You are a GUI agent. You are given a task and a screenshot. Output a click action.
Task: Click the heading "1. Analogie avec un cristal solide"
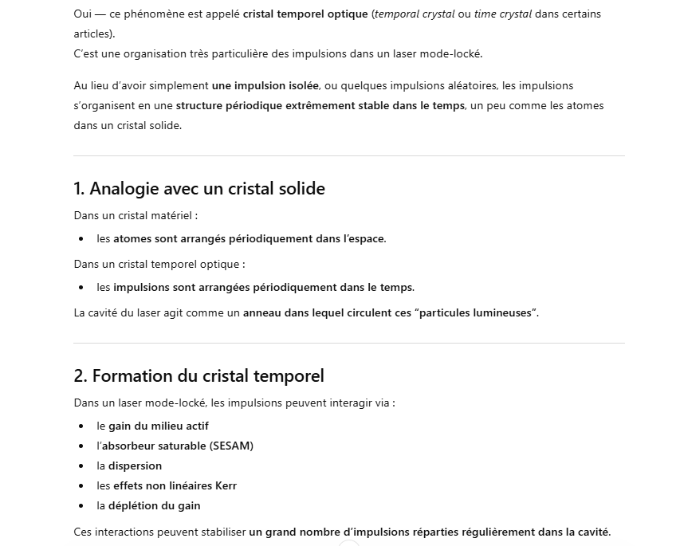coord(199,189)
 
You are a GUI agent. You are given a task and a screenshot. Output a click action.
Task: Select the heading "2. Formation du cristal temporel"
coord(198,376)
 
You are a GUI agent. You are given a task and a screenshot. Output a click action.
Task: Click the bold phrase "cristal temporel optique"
coord(305,14)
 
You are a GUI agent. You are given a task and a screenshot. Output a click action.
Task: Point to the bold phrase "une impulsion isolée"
coord(265,86)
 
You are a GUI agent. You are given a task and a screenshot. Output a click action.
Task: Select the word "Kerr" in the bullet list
coord(226,486)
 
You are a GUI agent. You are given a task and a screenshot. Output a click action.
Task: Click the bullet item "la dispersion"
coord(129,466)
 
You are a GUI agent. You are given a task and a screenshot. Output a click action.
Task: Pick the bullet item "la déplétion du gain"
coord(148,506)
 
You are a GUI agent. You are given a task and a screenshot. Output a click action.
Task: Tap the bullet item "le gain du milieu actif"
coord(152,426)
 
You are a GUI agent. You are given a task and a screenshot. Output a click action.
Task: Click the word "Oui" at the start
coord(82,14)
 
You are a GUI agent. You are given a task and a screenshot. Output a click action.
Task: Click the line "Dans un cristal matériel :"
coord(136,215)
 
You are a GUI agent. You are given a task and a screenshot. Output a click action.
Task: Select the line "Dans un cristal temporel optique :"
coord(159,265)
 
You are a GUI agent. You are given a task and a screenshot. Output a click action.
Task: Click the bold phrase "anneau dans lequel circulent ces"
coord(327,313)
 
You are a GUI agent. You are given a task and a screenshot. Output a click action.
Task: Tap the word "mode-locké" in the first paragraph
coord(456,54)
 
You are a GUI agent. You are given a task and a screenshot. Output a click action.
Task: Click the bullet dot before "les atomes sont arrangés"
coord(81,239)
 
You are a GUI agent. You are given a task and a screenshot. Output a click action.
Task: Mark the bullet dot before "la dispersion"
coord(81,466)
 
